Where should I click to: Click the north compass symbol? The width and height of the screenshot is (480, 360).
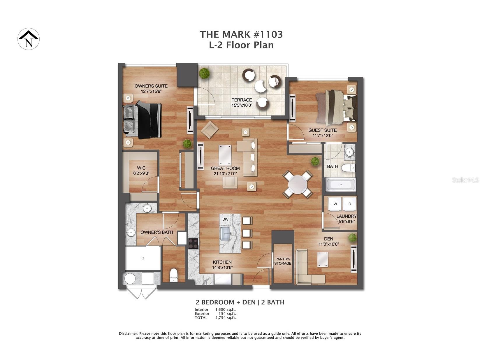tap(29, 39)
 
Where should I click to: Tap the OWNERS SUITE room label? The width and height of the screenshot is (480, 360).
tap(151, 86)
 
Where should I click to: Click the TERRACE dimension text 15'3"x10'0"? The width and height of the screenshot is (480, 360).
tap(242, 105)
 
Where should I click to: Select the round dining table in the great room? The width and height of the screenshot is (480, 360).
tap(298, 184)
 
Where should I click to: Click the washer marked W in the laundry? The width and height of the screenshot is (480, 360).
tap(335, 204)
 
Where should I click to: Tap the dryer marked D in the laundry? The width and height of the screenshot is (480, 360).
tap(349, 204)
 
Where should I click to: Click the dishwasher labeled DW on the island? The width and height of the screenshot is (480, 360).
tap(226, 219)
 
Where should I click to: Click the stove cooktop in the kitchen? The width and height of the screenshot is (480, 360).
tap(193, 243)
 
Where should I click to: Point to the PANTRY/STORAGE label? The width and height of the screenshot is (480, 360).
tap(283, 261)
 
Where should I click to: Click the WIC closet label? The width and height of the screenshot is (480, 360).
tap(141, 168)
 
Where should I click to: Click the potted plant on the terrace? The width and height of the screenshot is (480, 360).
tap(204, 73)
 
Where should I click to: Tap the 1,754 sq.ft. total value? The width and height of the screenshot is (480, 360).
tap(226, 318)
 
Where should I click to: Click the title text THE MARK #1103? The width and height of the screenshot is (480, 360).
tap(241, 34)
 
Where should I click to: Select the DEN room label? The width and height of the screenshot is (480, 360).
tap(328, 239)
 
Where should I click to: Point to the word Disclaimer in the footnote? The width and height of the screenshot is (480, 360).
tap(128, 333)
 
